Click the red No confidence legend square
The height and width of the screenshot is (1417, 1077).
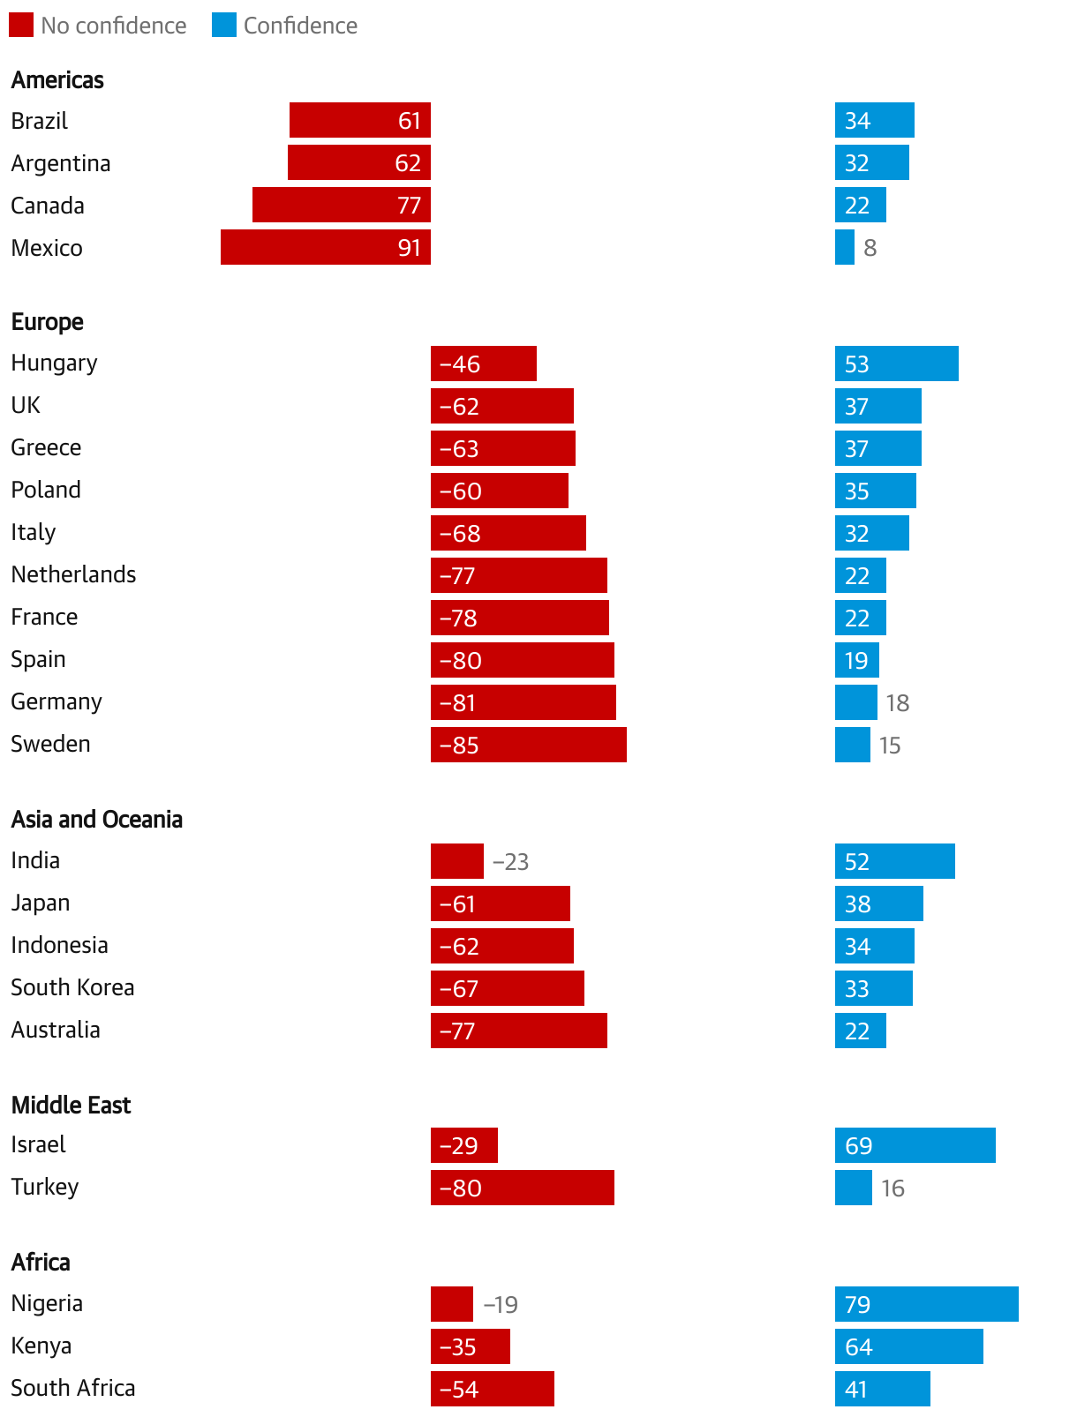21,26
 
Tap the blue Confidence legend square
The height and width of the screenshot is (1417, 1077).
224,26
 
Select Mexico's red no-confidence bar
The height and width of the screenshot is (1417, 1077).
325,247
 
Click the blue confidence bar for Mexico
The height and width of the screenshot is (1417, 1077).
845,247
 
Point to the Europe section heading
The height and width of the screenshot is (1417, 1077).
48,322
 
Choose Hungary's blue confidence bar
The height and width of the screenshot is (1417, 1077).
896,364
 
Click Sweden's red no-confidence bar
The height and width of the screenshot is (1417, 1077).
528,745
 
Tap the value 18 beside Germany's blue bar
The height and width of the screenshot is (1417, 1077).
898,703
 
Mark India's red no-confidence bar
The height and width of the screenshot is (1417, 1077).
456,861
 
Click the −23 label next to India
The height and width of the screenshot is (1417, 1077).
510,862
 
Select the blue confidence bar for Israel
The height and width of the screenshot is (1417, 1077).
915,1145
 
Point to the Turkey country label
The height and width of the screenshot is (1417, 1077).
45,1188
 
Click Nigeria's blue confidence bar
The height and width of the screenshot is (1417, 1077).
926,1304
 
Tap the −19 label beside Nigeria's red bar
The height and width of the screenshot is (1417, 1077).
501,1305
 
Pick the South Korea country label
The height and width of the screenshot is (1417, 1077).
72,987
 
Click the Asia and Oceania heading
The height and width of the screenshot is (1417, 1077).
97,820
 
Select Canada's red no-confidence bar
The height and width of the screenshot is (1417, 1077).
341,205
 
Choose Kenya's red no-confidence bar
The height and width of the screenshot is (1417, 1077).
470,1346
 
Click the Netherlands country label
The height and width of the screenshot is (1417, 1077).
73,574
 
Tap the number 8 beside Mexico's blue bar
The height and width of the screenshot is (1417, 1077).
870,248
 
